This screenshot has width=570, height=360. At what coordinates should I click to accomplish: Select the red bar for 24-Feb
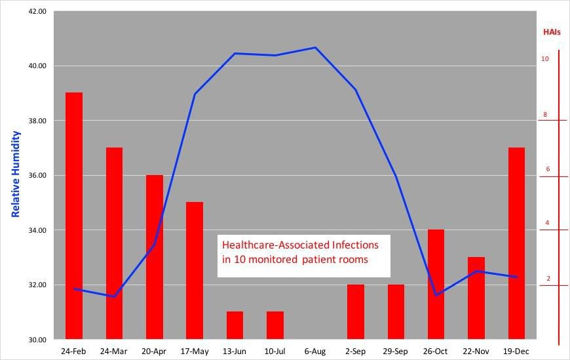coord(74,216)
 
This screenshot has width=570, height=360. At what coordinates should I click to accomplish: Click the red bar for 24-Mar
coord(114,243)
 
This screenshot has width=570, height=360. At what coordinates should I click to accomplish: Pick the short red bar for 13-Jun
coord(235,325)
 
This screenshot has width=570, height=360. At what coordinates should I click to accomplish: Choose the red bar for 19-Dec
coord(516,243)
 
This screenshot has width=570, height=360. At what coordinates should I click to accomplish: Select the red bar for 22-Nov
coord(476,298)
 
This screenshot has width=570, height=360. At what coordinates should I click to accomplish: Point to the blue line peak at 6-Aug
coord(315,48)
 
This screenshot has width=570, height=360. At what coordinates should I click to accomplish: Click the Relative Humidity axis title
coord(16,174)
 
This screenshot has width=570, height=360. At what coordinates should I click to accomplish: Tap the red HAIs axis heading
coord(552,31)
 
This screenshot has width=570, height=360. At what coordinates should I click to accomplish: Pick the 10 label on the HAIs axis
coord(544,59)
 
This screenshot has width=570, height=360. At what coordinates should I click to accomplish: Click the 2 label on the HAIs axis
coord(548,279)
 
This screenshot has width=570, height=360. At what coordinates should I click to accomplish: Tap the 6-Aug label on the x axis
coord(315,351)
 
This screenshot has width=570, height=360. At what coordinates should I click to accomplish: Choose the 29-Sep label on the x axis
coord(396,351)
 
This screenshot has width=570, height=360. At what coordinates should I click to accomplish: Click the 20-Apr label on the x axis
coord(154,351)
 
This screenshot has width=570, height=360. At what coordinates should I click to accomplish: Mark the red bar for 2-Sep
coord(356,311)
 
